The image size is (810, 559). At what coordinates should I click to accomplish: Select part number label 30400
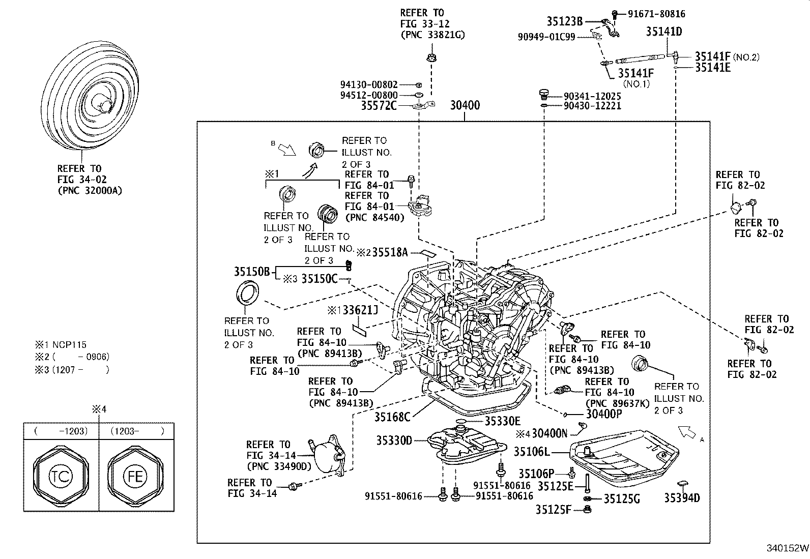(x=465, y=106)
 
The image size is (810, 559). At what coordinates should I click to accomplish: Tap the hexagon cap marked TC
(x=60, y=476)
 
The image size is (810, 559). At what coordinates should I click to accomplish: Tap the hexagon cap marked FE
(x=135, y=476)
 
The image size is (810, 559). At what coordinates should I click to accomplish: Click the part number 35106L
(x=532, y=451)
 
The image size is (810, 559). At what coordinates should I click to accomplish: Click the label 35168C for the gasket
(x=392, y=417)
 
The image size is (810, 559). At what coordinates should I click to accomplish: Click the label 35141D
(x=663, y=32)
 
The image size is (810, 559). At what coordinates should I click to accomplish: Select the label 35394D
(x=682, y=497)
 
